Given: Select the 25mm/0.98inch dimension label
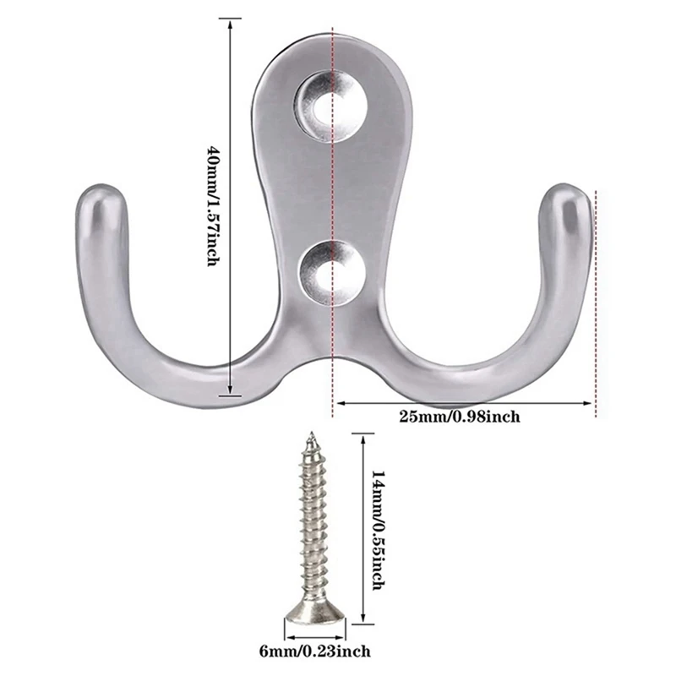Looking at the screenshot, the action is (459, 416).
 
